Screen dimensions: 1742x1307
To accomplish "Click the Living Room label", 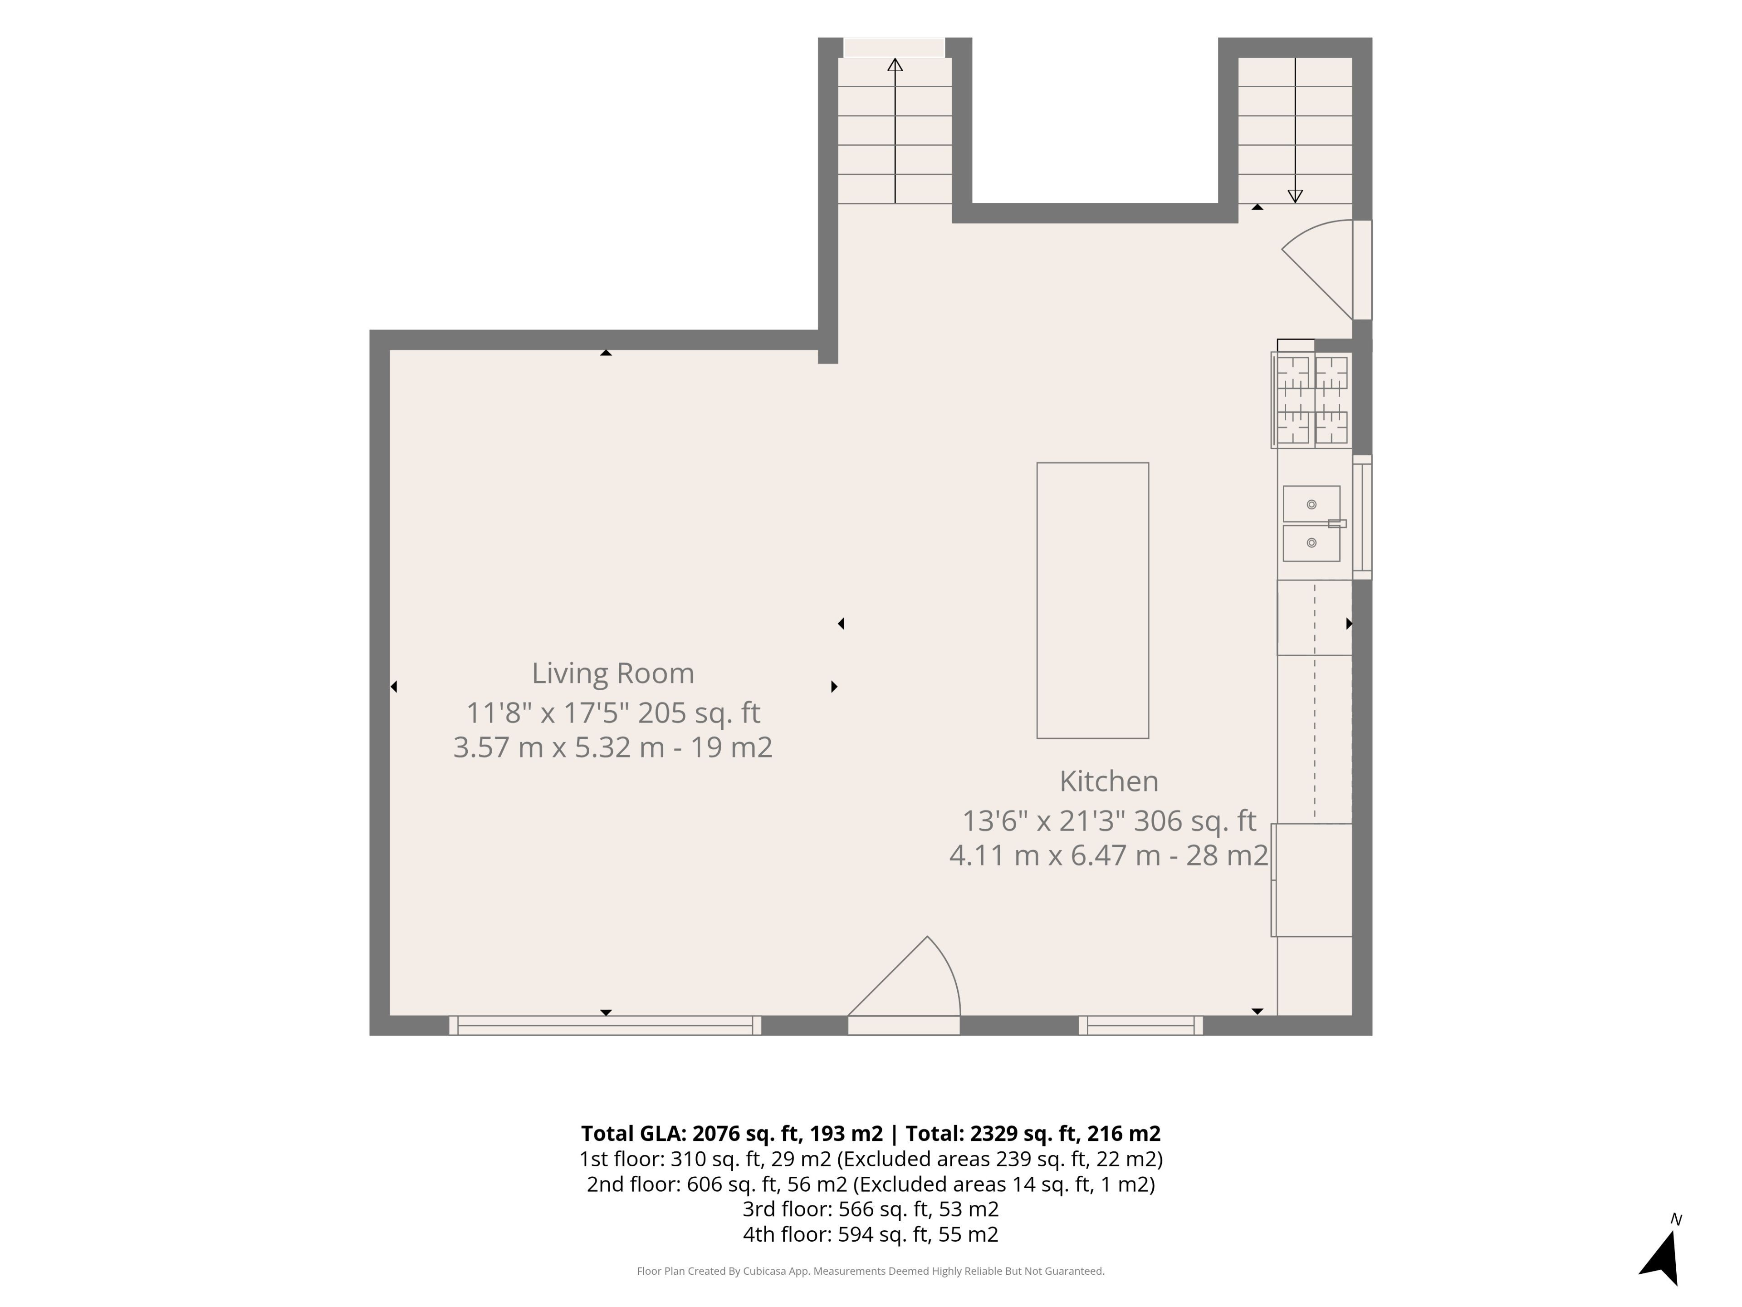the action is pos(613,673).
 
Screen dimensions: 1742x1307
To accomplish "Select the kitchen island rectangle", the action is pos(1092,600).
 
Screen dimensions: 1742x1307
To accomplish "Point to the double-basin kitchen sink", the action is pos(1312,524).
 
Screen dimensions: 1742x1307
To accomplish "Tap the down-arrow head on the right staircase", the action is pos(1295,196).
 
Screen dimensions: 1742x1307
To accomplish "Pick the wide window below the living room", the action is pos(605,1025).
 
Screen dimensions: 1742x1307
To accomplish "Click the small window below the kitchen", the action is pos(1140,1025).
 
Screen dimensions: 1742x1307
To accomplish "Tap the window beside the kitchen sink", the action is pos(1362,518).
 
